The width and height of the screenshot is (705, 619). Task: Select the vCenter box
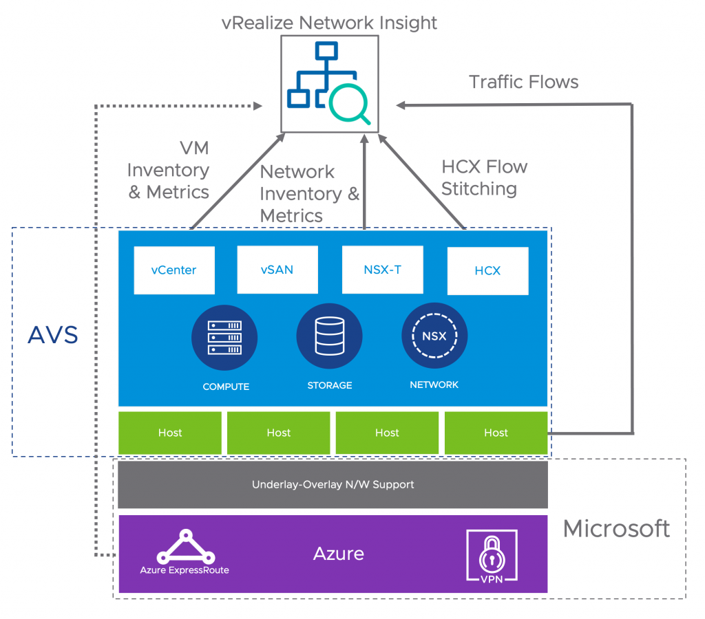174,270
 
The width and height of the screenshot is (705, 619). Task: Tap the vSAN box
277,270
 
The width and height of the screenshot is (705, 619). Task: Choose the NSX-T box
382,269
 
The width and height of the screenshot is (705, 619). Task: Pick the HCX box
487,270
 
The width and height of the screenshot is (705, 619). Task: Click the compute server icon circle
224,336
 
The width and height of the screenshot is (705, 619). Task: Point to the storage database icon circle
329,336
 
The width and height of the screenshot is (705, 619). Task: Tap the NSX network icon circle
434,336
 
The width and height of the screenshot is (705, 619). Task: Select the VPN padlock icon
492,555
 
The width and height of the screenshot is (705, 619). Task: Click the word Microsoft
616,529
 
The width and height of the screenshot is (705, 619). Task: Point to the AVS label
53,336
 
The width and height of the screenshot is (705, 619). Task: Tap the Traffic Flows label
524,83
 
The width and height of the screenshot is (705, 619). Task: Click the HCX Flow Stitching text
484,177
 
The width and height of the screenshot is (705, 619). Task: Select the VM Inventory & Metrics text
169,170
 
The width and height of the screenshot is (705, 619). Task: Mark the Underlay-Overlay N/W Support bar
333,484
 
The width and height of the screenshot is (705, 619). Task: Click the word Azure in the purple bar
339,554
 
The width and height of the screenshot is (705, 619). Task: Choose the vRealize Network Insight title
329,22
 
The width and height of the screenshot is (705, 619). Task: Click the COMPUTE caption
226,387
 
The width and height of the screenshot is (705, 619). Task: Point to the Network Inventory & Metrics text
308,193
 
